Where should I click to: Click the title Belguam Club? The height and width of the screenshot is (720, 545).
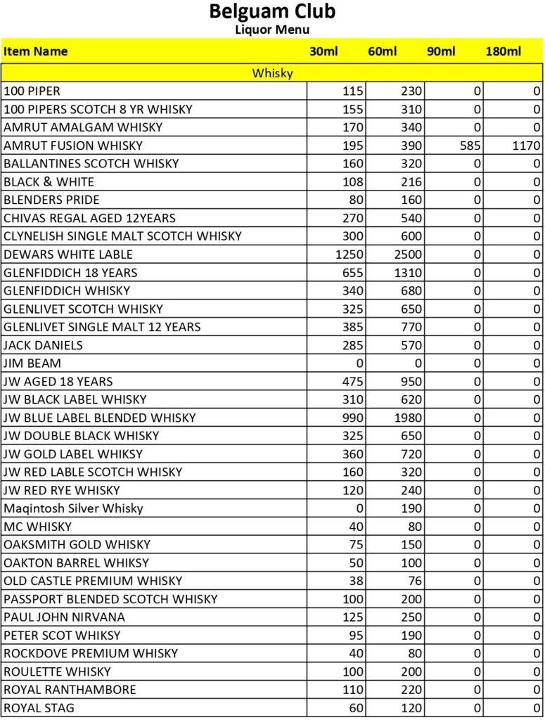coord(272,12)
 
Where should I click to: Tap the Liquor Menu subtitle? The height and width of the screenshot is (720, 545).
coord(272,30)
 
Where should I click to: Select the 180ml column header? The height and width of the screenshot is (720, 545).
coord(503,51)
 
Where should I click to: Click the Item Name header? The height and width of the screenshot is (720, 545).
coord(36,51)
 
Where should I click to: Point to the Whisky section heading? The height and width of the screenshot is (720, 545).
coord(272,72)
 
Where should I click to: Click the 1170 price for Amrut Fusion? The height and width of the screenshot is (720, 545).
coord(526,146)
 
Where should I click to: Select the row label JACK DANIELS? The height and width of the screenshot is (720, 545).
coord(44,345)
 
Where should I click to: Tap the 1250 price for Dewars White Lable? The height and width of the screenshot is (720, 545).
coord(350,255)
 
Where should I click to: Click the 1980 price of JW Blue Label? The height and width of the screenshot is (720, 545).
coord(408,418)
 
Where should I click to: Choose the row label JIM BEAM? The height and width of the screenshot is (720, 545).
coord(32,364)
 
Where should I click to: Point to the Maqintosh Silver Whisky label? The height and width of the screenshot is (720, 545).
coord(73,508)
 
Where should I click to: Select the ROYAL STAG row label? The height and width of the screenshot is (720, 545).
coord(39,708)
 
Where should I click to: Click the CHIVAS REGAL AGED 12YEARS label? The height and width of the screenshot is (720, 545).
coord(90,218)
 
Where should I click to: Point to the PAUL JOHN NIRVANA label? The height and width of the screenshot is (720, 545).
coord(65,617)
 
